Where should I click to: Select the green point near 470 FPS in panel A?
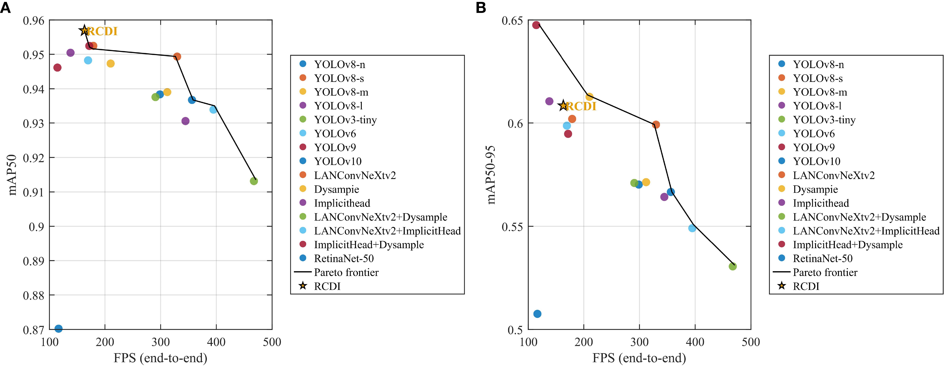(x=253, y=181)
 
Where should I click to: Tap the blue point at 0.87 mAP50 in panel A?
(x=58, y=328)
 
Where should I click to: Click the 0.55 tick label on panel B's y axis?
(x=512, y=227)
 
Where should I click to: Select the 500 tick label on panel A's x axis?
(x=272, y=342)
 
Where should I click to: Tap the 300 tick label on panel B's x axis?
(x=639, y=342)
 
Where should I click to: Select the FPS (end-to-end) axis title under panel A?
(x=160, y=358)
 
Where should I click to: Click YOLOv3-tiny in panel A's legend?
(x=345, y=120)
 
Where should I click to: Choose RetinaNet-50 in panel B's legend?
(x=822, y=258)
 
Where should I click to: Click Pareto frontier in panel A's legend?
(x=346, y=272)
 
